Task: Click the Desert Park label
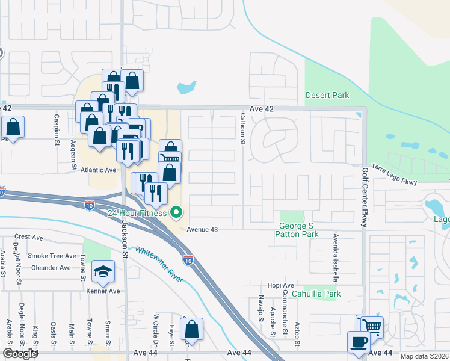[327, 95]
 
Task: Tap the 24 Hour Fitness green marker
[176, 212]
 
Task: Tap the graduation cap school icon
[103, 273]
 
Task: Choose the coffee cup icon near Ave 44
[359, 341]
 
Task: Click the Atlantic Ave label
[98, 170]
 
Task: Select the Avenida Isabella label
[336, 258]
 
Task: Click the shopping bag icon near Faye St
[191, 329]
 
